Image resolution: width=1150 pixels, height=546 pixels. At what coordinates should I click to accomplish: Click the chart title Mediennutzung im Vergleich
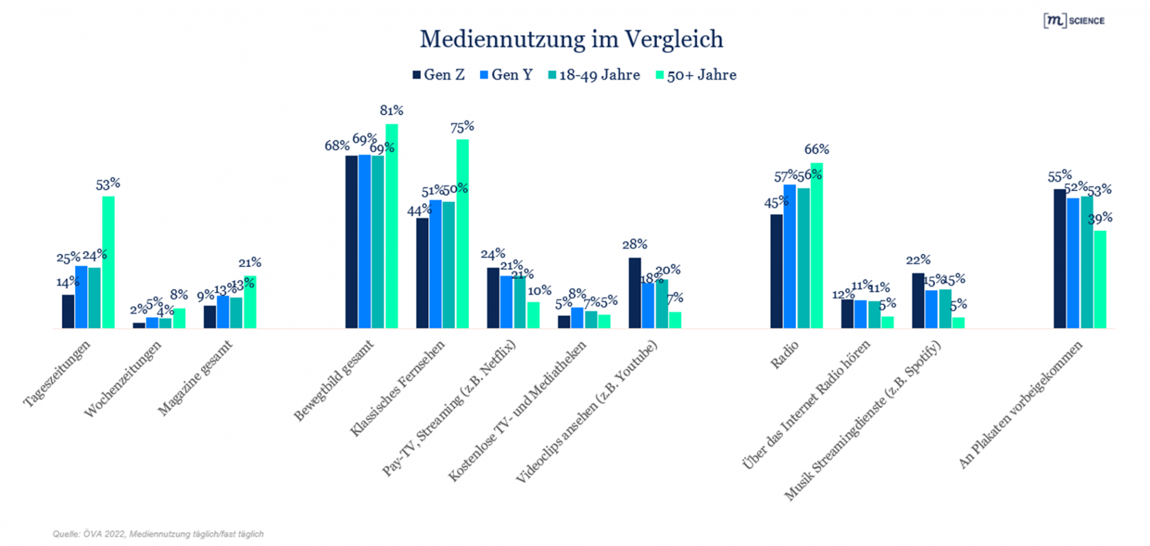tap(571, 40)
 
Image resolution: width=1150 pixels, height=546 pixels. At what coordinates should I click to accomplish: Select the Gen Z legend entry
tap(438, 75)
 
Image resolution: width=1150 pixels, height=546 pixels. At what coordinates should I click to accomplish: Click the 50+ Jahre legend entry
tap(696, 75)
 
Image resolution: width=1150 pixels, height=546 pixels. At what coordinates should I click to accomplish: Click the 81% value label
tap(391, 110)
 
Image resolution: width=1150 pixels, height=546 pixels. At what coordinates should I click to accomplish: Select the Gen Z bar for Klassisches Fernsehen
tap(422, 273)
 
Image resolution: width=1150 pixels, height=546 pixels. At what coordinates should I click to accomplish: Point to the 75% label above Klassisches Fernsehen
tap(462, 126)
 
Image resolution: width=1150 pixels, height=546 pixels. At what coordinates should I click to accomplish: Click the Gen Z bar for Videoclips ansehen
tap(635, 293)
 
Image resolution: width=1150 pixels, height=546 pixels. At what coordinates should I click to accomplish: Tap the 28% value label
tap(634, 244)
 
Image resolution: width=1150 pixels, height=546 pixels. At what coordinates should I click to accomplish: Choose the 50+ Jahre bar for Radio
tap(816, 245)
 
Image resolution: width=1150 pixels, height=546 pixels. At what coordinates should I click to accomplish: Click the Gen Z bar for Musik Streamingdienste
tap(918, 300)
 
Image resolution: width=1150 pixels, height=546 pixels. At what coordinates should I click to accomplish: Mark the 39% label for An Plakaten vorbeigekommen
tap(1100, 218)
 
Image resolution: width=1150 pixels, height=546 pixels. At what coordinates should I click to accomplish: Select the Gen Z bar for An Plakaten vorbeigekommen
tap(1060, 258)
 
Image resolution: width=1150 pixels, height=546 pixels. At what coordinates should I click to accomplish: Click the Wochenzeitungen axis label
tap(123, 379)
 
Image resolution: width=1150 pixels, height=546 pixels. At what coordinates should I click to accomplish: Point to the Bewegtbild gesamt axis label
tap(334, 381)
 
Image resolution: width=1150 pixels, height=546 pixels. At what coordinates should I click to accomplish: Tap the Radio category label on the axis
tap(785, 355)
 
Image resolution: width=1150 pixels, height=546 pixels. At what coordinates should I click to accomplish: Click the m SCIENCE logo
tap(1074, 20)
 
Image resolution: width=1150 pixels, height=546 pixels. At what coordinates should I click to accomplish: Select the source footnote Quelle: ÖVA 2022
tap(158, 533)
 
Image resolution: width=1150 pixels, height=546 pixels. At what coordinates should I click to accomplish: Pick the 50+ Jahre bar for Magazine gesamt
tap(250, 302)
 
